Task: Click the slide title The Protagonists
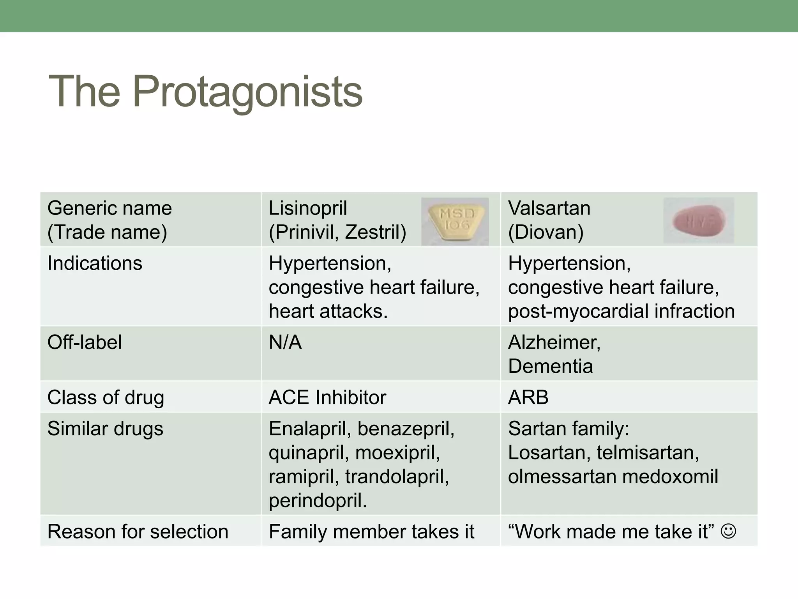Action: [x=205, y=92]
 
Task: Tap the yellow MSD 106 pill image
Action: [x=455, y=222]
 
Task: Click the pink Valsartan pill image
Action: [x=699, y=221]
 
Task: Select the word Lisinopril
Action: [x=308, y=208]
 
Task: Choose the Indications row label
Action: [x=95, y=263]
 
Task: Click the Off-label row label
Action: [x=85, y=342]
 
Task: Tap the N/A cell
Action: [x=285, y=343]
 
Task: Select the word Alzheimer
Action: [x=553, y=342]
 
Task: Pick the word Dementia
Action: [x=550, y=367]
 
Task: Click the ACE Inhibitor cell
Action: [x=327, y=398]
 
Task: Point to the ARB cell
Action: [x=528, y=398]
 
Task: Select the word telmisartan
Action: [x=647, y=453]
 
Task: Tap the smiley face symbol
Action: [x=728, y=531]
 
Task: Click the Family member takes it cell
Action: [x=371, y=532]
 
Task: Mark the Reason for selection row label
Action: [x=138, y=532]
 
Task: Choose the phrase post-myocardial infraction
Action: [x=621, y=312]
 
